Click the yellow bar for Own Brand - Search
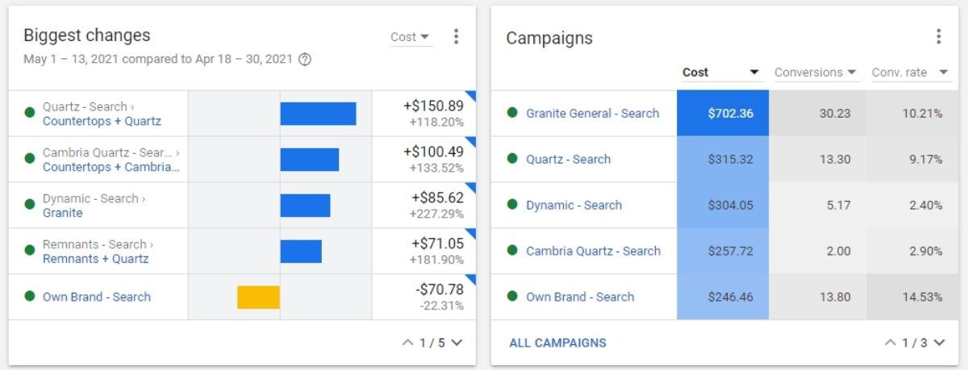click(x=258, y=297)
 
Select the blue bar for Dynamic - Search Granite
click(x=305, y=206)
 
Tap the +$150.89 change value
click(x=433, y=106)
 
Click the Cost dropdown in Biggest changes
click(x=411, y=37)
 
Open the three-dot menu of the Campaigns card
click(x=938, y=37)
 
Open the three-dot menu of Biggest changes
click(x=456, y=37)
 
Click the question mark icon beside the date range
click(x=305, y=59)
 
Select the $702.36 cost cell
click(x=730, y=114)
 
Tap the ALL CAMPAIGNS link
click(x=557, y=343)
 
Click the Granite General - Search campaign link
click(x=592, y=114)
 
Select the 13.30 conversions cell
click(x=835, y=160)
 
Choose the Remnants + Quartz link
click(x=95, y=259)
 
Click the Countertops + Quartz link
click(x=102, y=122)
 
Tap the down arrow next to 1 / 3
click(x=939, y=343)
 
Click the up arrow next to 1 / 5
click(x=408, y=343)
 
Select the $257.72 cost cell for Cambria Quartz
click(x=730, y=251)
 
